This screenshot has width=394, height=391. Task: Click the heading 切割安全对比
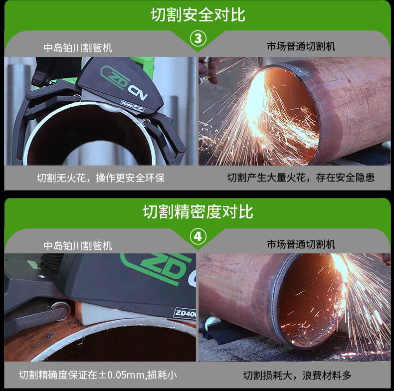click(x=197, y=15)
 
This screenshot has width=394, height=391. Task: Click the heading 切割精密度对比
click(x=197, y=211)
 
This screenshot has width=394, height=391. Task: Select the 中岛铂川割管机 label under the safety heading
click(x=77, y=48)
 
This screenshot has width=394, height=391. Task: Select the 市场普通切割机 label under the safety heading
click(x=301, y=47)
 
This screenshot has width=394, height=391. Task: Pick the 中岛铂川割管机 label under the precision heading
click(x=77, y=245)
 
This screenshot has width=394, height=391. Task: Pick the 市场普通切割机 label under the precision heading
click(x=301, y=244)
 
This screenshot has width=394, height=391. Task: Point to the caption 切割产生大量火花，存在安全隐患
click(x=301, y=177)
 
